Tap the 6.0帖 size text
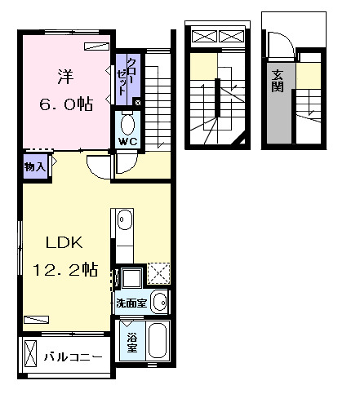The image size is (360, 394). click(64, 104)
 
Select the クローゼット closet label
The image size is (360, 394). click(122, 77)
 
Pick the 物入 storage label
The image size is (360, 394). click(33, 166)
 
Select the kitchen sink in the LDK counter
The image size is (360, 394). click(124, 219)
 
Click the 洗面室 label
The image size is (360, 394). click(131, 303)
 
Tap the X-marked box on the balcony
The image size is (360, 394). click(31, 356)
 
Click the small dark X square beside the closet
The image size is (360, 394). click(137, 103)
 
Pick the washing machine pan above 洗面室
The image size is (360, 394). click(130, 276)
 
